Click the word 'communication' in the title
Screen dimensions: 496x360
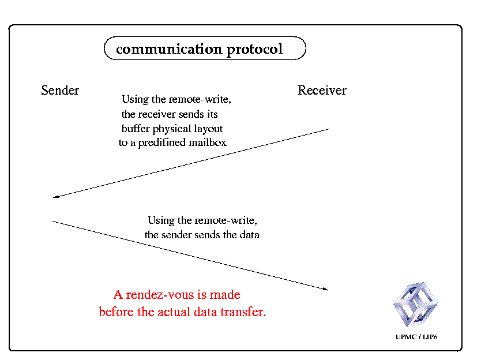click(169, 49)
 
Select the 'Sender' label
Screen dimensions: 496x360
click(60, 91)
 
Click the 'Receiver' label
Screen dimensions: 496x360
click(322, 91)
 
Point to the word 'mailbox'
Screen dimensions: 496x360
click(208, 142)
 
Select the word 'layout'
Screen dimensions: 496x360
click(208, 129)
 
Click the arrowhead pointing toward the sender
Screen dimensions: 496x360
click(55, 197)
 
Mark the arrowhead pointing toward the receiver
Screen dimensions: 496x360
click(325, 289)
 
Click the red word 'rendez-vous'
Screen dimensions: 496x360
click(160, 295)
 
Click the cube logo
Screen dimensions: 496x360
click(415, 304)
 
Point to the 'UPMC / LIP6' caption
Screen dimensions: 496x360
click(416, 337)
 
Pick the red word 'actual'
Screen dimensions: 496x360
click(174, 312)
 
